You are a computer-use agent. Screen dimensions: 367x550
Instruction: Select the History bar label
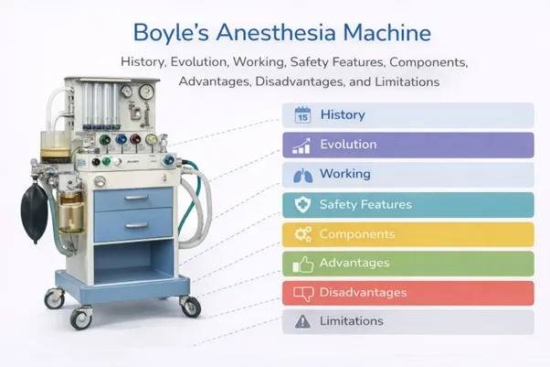click(343, 115)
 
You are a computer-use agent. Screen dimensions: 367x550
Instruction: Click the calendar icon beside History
click(302, 115)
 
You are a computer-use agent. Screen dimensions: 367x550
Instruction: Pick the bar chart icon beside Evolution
click(302, 145)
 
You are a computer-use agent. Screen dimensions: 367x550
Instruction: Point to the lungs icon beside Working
click(302, 174)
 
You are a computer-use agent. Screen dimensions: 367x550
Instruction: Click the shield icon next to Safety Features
click(302, 204)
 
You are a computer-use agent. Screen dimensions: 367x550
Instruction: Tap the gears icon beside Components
click(302, 234)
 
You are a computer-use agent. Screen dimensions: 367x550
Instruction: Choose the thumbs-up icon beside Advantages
click(302, 264)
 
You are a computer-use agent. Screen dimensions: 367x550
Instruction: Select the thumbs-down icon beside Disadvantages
click(302, 293)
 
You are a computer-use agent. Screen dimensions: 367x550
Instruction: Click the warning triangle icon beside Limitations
click(302, 322)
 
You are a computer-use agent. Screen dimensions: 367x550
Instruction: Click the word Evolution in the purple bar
click(348, 145)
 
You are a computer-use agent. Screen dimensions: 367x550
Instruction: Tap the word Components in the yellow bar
click(357, 234)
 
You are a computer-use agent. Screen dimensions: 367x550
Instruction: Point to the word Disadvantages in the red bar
click(363, 293)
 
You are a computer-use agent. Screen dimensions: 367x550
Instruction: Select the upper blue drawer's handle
click(135, 197)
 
